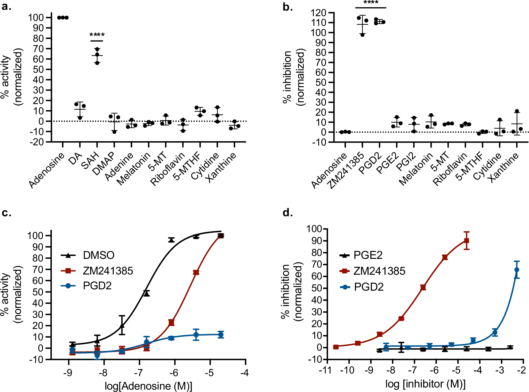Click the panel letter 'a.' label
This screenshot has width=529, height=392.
pyautogui.click(x=7, y=6)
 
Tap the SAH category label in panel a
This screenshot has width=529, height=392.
pyautogui.click(x=90, y=161)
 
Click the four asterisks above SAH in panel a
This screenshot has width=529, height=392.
pyautogui.click(x=97, y=35)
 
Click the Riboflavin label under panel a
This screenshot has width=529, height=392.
pyautogui.click(x=167, y=169)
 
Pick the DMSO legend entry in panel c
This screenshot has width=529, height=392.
pyautogui.click(x=98, y=255)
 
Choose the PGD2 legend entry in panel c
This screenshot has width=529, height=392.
pyautogui.click(x=97, y=286)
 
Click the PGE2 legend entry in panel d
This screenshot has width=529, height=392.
pyautogui.click(x=368, y=255)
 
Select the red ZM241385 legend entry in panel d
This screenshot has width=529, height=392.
pyautogui.click(x=379, y=271)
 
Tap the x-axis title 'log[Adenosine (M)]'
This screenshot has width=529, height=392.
pyautogui.click(x=148, y=386)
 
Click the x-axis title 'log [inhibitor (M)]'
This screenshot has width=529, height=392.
pyautogui.click(x=425, y=384)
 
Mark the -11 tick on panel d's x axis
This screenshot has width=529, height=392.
pyautogui.click(x=325, y=370)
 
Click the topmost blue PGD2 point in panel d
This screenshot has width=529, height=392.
pyautogui.click(x=517, y=270)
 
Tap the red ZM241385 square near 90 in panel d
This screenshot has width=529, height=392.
pyautogui.click(x=467, y=241)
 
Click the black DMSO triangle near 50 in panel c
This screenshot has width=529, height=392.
pyautogui.click(x=147, y=293)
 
